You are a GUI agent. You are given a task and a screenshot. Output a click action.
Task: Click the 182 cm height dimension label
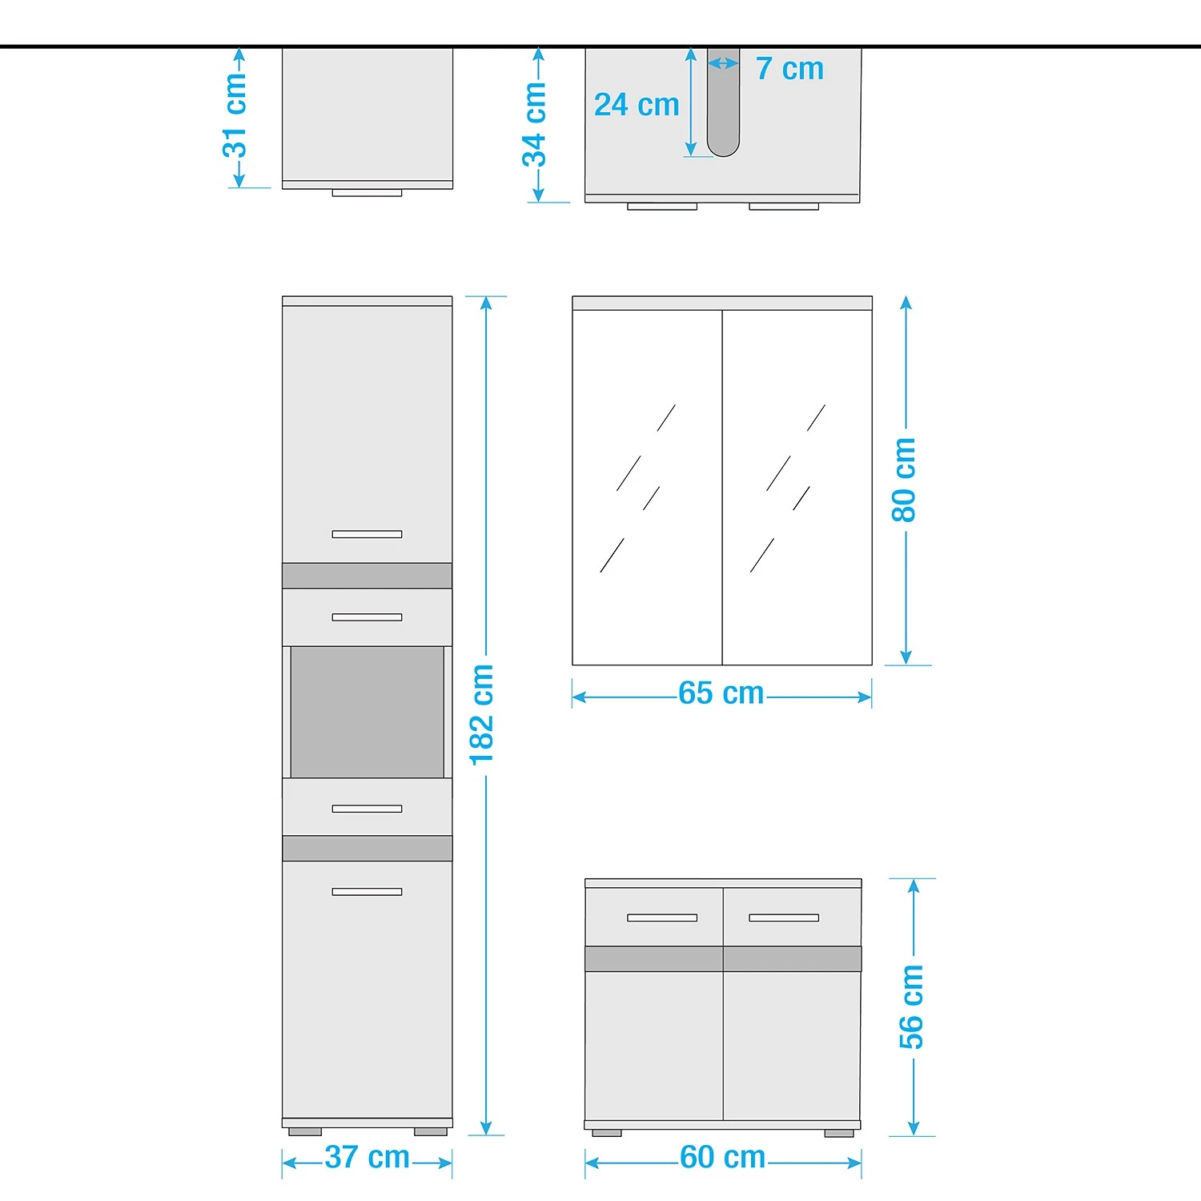click(482, 714)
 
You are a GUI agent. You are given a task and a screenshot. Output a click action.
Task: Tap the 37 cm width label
click(368, 1157)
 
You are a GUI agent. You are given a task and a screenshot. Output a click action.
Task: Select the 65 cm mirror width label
click(721, 693)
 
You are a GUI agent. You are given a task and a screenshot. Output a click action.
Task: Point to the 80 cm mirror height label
click(903, 480)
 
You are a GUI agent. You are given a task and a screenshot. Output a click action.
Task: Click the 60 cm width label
click(723, 1157)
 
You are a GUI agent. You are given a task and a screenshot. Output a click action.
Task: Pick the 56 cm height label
click(911, 1007)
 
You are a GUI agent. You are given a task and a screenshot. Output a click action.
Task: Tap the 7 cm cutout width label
click(789, 69)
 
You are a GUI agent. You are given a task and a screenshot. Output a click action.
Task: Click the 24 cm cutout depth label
click(637, 105)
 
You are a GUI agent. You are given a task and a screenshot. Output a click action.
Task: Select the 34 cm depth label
click(534, 124)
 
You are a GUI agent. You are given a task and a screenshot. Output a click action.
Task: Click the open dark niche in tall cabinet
click(368, 712)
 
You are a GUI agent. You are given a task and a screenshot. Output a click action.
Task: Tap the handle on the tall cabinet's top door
click(368, 534)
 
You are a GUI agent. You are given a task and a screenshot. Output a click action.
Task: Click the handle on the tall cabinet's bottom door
click(368, 891)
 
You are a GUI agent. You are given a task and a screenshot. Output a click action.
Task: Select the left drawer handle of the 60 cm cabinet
click(662, 918)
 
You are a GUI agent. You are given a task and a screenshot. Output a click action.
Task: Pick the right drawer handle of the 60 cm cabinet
click(784, 918)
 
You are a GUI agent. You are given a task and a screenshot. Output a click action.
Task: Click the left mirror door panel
click(648, 488)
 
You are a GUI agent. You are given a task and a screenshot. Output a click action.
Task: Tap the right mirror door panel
click(797, 488)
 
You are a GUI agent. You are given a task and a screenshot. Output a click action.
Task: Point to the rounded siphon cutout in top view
click(723, 102)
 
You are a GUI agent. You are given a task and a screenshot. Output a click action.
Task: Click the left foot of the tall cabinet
click(305, 1132)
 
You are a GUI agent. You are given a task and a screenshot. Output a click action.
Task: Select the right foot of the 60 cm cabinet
click(839, 1134)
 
